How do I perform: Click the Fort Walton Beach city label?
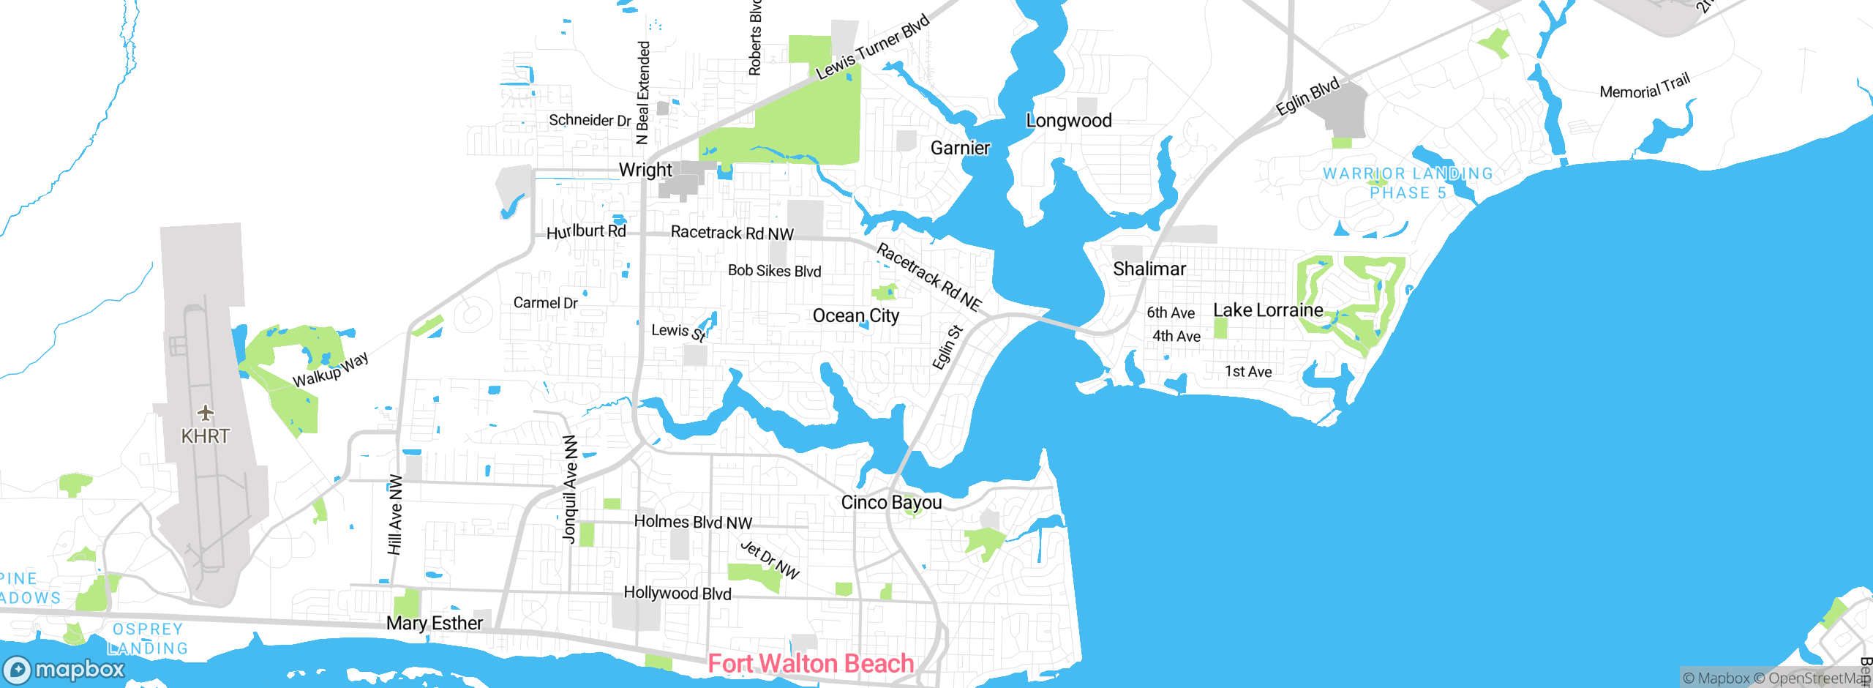[811, 663]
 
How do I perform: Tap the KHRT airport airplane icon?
[206, 413]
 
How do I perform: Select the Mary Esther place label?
[435, 623]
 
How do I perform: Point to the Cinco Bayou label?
[891, 502]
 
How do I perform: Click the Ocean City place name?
[855, 315]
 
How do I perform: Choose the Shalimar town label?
[1149, 269]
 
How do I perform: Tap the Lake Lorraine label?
[1267, 310]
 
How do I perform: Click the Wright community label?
[645, 170]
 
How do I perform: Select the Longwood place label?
[1068, 121]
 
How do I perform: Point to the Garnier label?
[960, 148]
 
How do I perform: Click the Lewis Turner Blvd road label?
[872, 46]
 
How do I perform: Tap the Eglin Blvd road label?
[1307, 96]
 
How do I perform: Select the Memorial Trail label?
[1645, 86]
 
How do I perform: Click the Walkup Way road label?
[331, 370]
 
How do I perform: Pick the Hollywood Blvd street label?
[677, 593]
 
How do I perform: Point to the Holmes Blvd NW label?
[692, 522]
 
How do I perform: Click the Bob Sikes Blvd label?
[774, 271]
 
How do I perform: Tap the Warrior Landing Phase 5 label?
[1408, 183]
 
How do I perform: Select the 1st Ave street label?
[1248, 372]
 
